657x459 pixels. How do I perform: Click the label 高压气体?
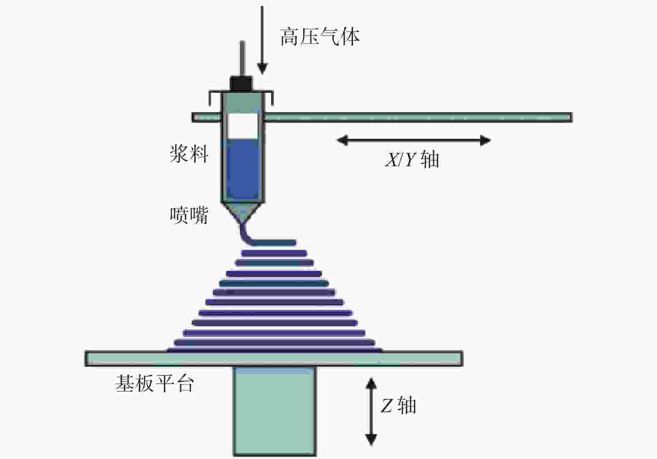point(320,37)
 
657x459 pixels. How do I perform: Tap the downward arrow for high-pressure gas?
point(262,40)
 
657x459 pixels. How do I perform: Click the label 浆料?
point(189,154)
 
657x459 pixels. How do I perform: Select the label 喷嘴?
point(189,215)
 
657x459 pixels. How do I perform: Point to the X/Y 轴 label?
point(412,160)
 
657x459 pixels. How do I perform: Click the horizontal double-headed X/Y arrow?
point(414,140)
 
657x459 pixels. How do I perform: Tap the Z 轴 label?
point(398,405)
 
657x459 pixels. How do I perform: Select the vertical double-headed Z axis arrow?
point(371,411)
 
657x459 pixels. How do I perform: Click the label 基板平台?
point(155,383)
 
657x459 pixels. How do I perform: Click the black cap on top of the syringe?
point(241,84)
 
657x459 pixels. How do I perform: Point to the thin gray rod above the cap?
point(242,58)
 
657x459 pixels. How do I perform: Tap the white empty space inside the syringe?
point(242,126)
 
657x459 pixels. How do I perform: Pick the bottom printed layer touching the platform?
point(274,350)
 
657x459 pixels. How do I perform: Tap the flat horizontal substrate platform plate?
point(274,359)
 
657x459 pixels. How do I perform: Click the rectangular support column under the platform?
point(275,411)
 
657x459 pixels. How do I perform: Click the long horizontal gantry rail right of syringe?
point(418,117)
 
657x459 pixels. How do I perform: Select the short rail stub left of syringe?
point(207,117)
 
